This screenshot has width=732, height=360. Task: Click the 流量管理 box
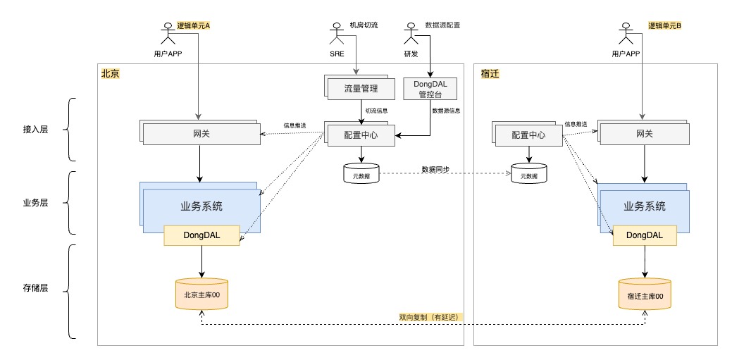[361, 89]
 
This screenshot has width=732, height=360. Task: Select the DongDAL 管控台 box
[429, 88]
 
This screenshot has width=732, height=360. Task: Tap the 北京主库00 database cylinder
[202, 295]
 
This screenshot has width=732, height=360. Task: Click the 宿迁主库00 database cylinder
[645, 296]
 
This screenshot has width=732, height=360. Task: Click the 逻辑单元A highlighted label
[193, 25]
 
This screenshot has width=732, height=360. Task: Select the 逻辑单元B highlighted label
[665, 25]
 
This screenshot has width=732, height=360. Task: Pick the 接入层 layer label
[35, 130]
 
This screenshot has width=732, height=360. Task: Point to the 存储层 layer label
[35, 288]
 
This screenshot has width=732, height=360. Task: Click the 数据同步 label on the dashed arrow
[436, 169]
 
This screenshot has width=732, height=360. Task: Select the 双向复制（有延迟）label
[429, 318]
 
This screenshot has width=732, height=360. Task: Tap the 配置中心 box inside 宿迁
[529, 134]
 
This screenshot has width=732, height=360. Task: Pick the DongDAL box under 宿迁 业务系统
[645, 235]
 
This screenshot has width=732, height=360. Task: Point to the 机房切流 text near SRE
[364, 25]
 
